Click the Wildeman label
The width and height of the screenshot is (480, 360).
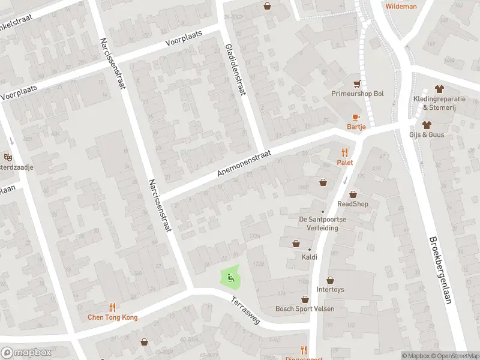(x=401, y=6)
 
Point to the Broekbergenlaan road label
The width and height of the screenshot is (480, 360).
(x=439, y=269)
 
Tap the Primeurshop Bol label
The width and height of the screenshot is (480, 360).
(x=358, y=94)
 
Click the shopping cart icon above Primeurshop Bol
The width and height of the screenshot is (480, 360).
(x=358, y=84)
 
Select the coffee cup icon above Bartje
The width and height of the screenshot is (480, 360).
(x=356, y=116)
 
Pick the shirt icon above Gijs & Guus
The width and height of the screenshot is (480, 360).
(x=427, y=125)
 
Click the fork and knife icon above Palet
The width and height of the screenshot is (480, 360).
(x=344, y=152)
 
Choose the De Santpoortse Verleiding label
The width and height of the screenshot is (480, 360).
(x=323, y=223)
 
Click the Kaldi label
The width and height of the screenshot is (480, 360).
(x=310, y=257)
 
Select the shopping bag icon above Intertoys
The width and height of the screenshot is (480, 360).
(x=330, y=280)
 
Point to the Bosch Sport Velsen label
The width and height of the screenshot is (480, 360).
(x=305, y=309)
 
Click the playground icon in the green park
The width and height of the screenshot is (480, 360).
(x=229, y=277)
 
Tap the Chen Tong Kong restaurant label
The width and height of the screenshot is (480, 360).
(x=113, y=317)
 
